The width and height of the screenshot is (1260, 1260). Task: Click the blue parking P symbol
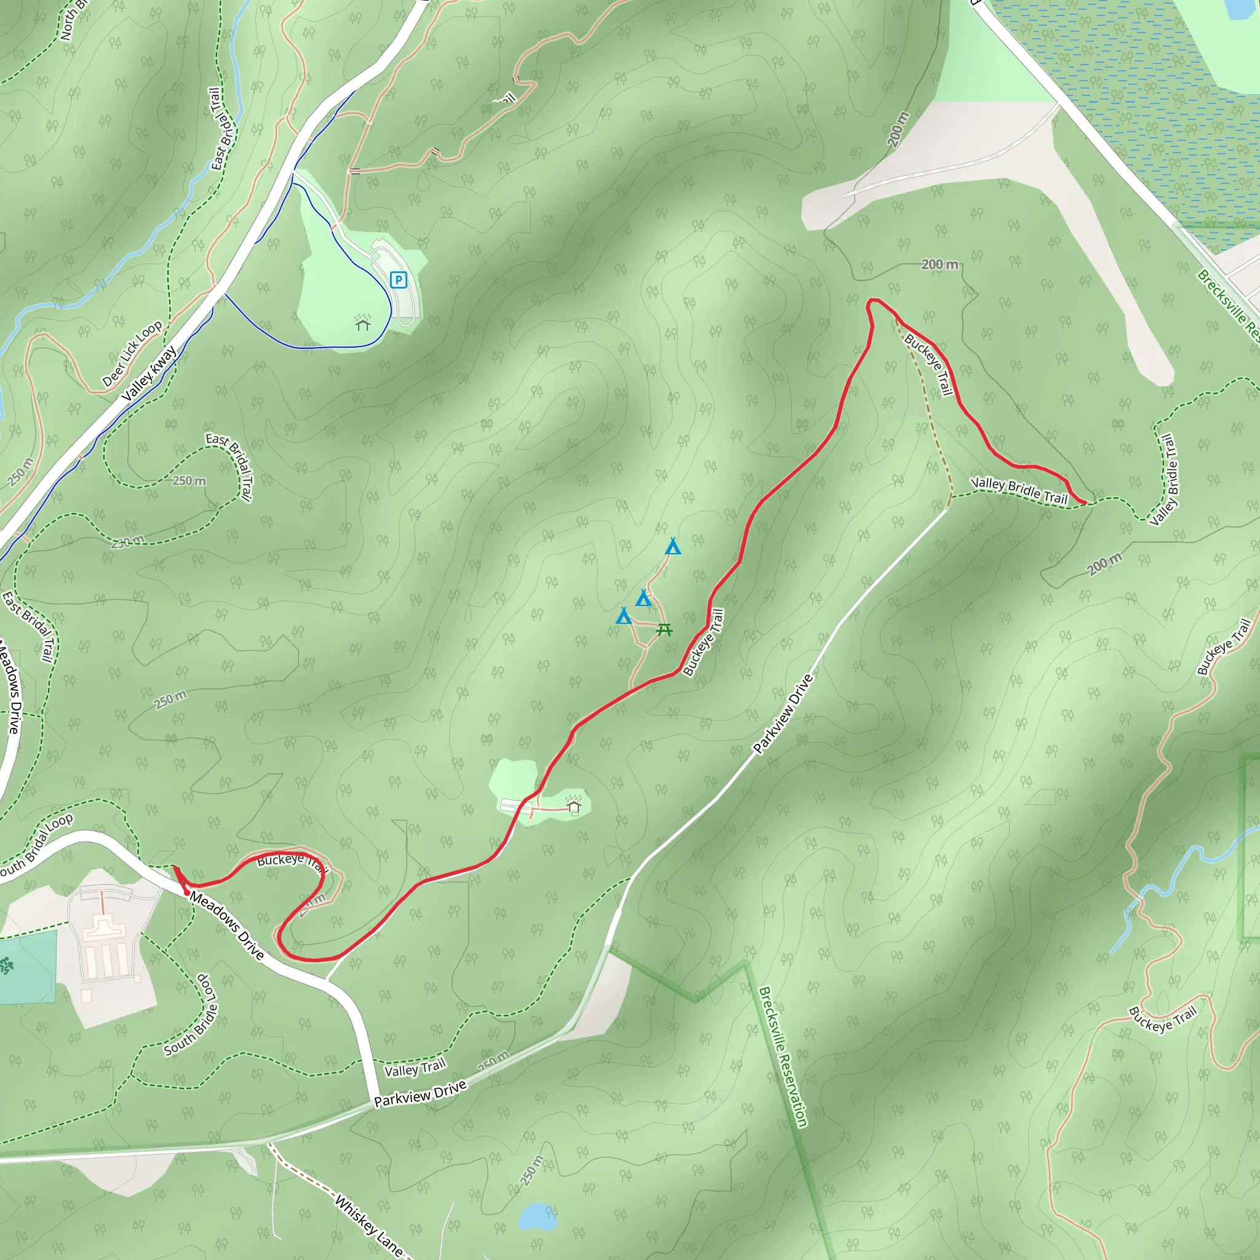coord(399,281)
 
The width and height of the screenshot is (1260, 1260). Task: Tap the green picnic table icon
coord(664,629)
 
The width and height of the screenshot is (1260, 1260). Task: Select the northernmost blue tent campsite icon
coord(673,546)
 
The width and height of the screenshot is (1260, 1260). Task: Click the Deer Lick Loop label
coord(132,354)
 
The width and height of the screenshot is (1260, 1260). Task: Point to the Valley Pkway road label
coord(150,373)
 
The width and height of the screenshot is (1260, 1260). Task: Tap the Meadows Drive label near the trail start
coord(227,926)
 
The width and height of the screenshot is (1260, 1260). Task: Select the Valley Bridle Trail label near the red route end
coord(1019,490)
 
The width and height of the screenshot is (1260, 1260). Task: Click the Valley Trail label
coord(415,1068)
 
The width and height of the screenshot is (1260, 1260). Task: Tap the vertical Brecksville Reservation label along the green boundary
coord(783,1056)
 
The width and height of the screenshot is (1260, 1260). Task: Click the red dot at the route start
coord(187,893)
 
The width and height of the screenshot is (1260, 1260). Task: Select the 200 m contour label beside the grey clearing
coord(898,129)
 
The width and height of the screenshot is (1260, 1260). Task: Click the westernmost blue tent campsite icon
coord(624,616)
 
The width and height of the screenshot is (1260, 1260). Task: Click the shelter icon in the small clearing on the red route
coord(574,807)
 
